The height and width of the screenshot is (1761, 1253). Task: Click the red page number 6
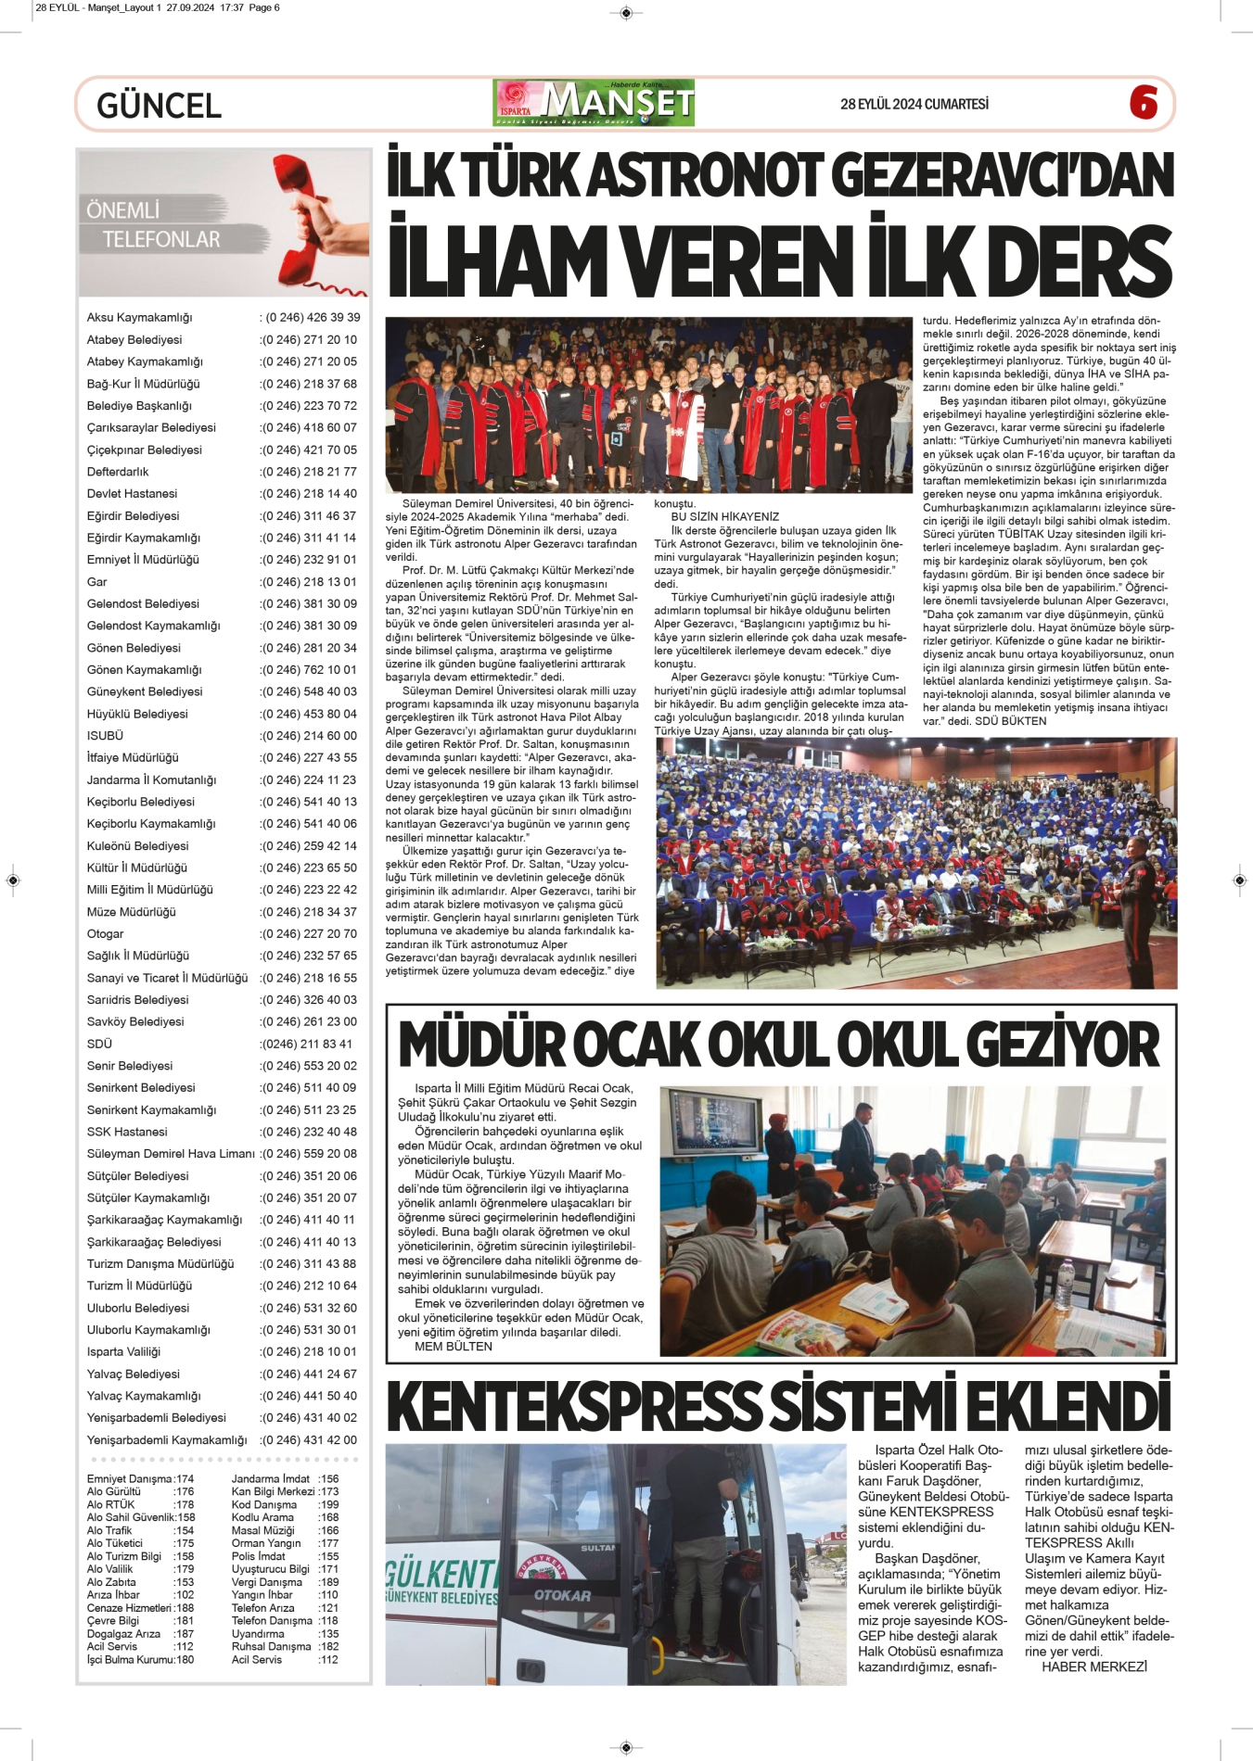coord(1144,102)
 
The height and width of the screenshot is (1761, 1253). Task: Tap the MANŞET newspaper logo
coord(595,103)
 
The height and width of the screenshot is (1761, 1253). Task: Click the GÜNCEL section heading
coord(159,106)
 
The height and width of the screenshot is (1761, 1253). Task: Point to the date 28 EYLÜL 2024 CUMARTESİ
coord(914,104)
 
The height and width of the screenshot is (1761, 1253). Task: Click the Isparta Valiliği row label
coord(123,1352)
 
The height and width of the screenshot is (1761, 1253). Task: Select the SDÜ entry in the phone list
coord(99,1045)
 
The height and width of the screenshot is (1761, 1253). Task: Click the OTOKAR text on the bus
coord(562,1595)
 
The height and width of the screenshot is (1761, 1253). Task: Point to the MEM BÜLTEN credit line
coord(454,1347)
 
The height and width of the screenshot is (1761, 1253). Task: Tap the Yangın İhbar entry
coord(262,1595)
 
